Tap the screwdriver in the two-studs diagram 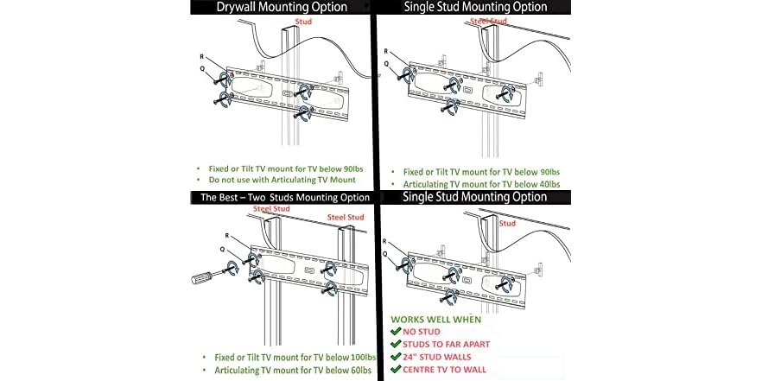pyautogui.click(x=207, y=278)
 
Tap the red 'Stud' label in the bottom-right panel pyautogui.click(x=507, y=223)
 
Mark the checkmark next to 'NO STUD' pyautogui.click(x=396, y=331)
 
